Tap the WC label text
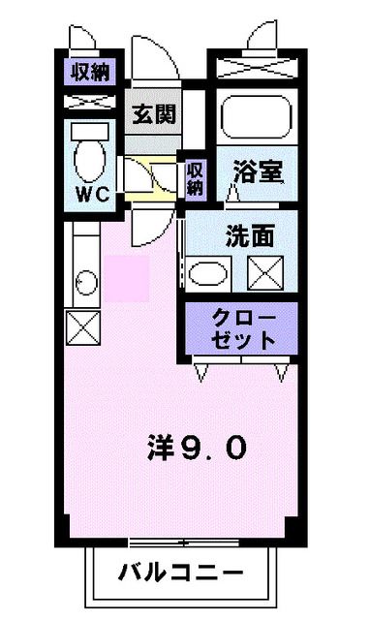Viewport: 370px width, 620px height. coord(93,192)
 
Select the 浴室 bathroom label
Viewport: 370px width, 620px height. coord(257,172)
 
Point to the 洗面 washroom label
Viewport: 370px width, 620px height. coord(249,234)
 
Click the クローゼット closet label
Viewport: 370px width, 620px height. coord(243,329)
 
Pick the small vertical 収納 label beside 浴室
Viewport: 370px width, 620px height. coord(195,177)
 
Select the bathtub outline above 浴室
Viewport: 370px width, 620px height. coord(256,119)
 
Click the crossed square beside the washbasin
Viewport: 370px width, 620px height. coord(263,273)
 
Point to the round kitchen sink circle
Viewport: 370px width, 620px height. coord(83,282)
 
